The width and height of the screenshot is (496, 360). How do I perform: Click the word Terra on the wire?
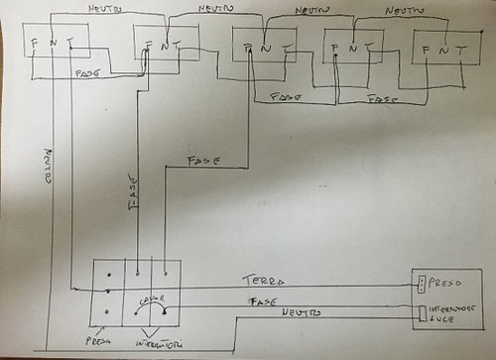[260, 282]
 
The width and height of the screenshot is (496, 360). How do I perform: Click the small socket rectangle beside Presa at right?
[422, 284]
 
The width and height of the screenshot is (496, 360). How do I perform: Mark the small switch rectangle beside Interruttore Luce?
[422, 314]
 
